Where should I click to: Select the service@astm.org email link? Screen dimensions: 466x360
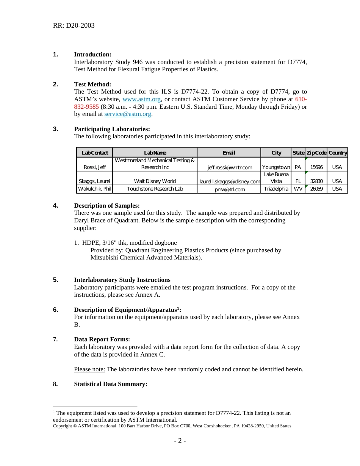point(128,114)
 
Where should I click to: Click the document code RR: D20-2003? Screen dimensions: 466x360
point(74,26)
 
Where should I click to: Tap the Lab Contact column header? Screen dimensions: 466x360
point(95,153)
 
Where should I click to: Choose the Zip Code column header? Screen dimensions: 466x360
point(316,153)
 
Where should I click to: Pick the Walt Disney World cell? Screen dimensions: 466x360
point(155,181)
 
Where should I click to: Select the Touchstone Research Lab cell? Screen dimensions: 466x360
point(155,189)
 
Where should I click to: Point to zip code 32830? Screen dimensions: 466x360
point(316,181)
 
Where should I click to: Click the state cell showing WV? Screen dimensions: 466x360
point(298,189)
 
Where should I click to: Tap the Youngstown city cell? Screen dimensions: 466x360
point(276,167)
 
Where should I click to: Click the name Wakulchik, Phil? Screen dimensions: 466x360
point(95,189)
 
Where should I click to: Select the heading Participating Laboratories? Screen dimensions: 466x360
point(112,129)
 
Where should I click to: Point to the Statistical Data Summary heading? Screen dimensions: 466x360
point(110,384)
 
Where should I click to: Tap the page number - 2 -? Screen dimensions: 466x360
point(180,441)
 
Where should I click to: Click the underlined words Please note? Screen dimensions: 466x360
point(89,369)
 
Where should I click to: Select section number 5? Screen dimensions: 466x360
point(56,280)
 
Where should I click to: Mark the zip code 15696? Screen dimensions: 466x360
point(316,167)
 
